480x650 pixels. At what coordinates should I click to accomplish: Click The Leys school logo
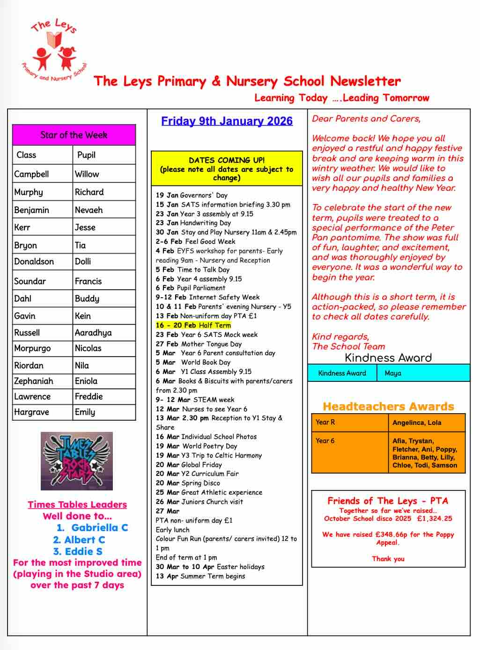[54, 51]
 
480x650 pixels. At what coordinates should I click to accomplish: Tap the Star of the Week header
[74, 135]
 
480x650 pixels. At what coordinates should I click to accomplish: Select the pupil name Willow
[87, 174]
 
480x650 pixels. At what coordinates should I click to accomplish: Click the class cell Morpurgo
[32, 348]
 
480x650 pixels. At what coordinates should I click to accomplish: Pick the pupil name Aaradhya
[93, 333]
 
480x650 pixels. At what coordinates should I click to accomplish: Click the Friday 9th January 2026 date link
[227, 121]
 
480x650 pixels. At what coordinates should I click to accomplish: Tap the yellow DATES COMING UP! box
[227, 169]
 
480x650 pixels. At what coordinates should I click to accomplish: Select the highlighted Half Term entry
[193, 325]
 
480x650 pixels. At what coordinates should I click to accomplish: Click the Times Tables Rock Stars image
[77, 461]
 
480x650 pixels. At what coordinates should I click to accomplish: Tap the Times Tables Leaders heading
[77, 504]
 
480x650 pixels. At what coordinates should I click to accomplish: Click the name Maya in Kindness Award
[393, 373]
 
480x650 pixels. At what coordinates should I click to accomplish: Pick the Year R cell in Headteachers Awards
[325, 422]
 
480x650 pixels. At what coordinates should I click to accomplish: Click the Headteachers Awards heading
[388, 406]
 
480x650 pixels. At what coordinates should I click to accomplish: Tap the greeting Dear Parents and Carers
[366, 119]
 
